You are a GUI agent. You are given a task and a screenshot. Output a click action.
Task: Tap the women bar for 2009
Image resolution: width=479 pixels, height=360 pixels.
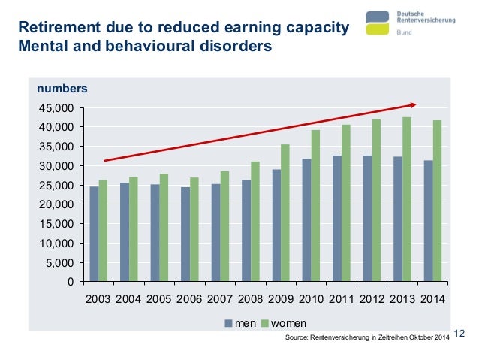[285, 213]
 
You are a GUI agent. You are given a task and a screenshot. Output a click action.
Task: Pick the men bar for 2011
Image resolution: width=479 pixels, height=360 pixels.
[337, 219]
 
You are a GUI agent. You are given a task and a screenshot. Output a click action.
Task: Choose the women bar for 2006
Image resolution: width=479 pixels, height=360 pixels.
[194, 230]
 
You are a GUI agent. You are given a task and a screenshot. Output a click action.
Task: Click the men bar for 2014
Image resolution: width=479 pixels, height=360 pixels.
[428, 221]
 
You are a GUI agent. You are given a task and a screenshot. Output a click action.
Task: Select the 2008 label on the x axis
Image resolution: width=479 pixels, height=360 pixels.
[251, 299]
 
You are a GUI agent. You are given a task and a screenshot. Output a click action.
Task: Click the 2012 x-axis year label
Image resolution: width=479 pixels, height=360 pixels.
[372, 299]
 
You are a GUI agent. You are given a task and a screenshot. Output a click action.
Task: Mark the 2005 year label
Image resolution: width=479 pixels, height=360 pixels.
[159, 299]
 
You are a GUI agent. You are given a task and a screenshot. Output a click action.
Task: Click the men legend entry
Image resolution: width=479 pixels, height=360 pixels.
[240, 324]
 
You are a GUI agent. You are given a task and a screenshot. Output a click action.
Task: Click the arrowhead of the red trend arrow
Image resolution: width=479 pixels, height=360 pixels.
[412, 104]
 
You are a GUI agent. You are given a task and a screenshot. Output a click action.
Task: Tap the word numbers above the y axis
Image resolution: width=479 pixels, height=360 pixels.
[62, 88]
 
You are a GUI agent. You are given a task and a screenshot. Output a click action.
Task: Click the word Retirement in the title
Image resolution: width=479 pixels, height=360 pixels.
[59, 29]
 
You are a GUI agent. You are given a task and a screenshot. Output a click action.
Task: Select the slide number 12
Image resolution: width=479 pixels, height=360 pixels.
[461, 333]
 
